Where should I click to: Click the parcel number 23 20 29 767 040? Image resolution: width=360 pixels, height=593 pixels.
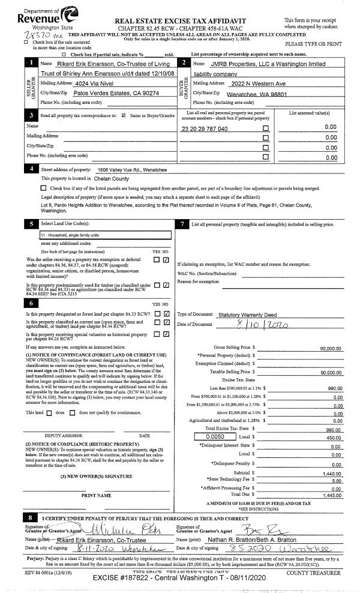click(205, 129)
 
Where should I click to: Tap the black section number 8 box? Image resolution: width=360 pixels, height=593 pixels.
click(30, 517)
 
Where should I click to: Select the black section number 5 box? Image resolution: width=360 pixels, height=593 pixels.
click(30, 224)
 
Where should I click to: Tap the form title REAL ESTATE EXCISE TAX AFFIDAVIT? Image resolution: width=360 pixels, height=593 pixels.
click(180, 20)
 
